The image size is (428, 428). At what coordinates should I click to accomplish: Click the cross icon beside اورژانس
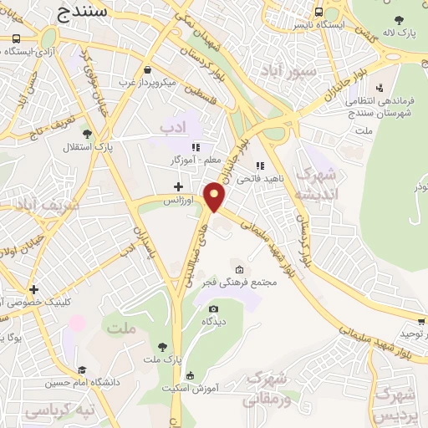tap(177, 186)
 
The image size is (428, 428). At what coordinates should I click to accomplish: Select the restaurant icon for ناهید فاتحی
tap(260, 166)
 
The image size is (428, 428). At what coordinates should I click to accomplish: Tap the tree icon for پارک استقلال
tap(87, 133)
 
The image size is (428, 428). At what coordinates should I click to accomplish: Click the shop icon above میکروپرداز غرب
tap(148, 70)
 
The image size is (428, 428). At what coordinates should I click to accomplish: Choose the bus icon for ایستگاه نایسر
tap(319, 13)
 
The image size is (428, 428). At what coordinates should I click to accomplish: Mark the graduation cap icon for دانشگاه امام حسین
tap(83, 370)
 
